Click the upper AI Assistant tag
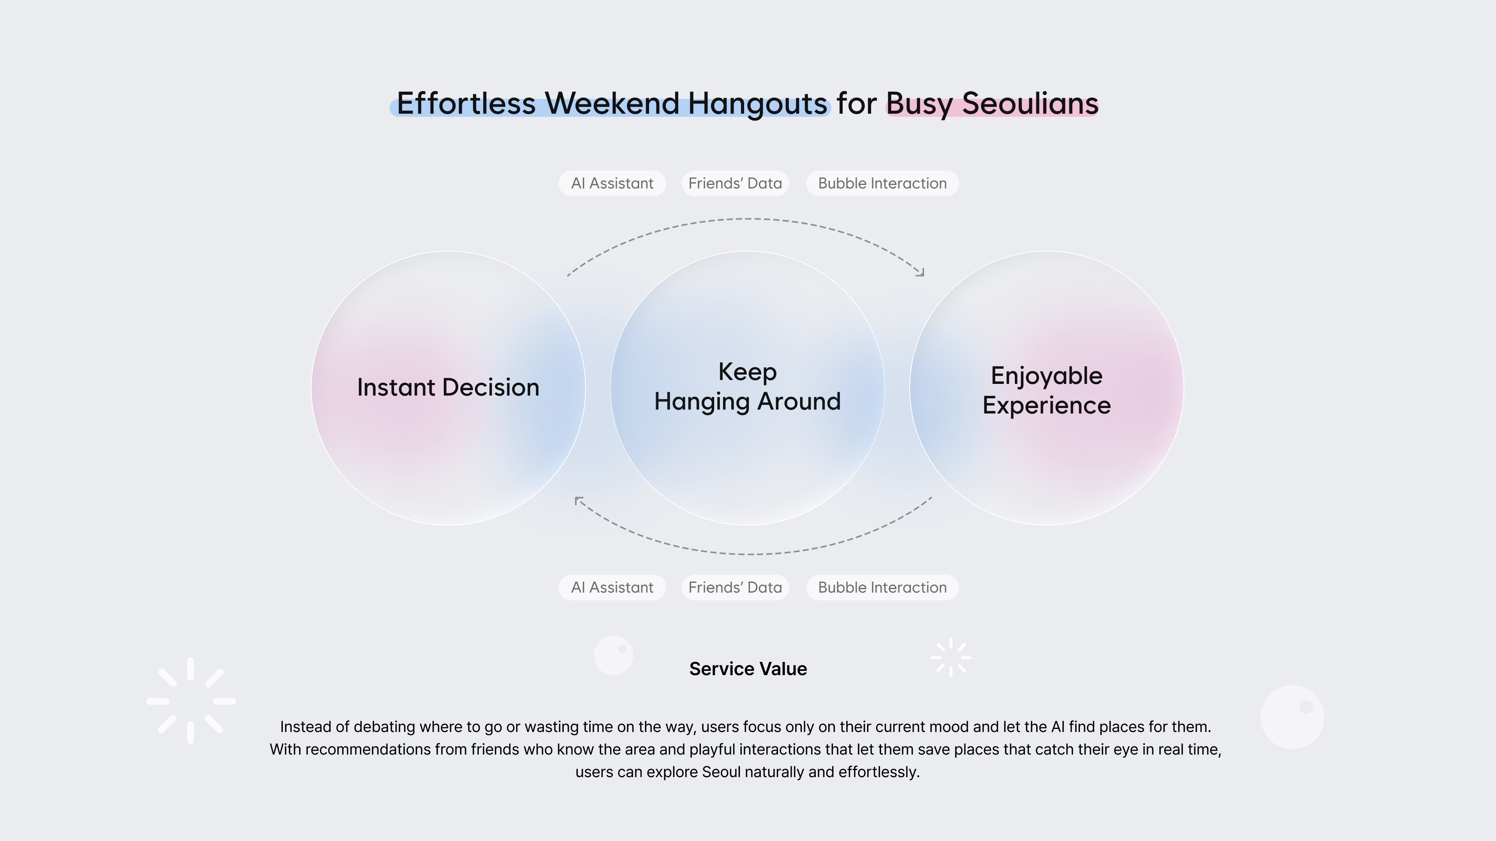click(x=612, y=183)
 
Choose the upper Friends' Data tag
click(x=735, y=183)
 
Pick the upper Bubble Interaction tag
click(x=882, y=183)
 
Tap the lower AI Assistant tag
click(x=612, y=588)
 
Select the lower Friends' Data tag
click(x=735, y=588)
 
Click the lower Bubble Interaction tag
click(x=882, y=588)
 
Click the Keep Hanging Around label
click(x=748, y=387)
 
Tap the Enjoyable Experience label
click(x=1046, y=391)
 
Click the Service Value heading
click(x=748, y=669)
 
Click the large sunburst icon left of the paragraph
click(x=191, y=700)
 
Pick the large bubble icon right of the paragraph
click(x=1292, y=717)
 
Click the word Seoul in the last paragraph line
click(x=721, y=772)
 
